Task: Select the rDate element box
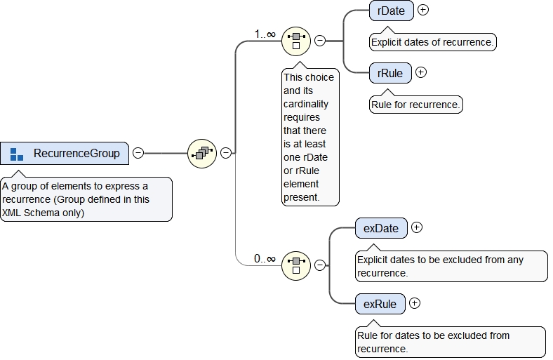click(x=391, y=11)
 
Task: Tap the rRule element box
click(x=389, y=72)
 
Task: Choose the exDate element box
click(x=380, y=228)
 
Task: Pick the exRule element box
click(x=380, y=304)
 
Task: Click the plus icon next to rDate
click(x=423, y=11)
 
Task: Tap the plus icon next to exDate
click(x=417, y=227)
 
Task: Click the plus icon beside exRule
click(x=415, y=303)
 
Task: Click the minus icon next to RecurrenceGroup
click(x=138, y=153)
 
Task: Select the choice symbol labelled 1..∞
click(x=295, y=41)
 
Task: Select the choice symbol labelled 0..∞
click(x=295, y=265)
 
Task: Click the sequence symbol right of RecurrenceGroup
click(x=202, y=152)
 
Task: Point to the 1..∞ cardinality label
click(x=265, y=34)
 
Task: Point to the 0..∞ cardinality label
click(x=265, y=258)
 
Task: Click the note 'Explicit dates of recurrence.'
click(x=432, y=42)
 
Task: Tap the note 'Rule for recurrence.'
click(x=415, y=105)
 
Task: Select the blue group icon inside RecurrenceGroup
click(x=17, y=153)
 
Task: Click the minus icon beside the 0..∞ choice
click(x=320, y=265)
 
